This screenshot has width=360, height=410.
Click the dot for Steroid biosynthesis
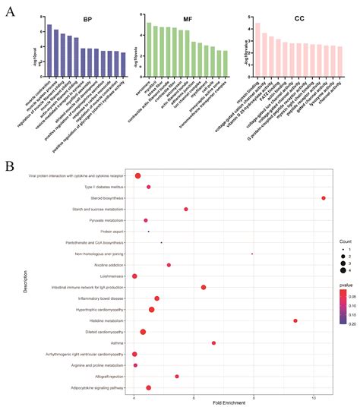tap(324, 198)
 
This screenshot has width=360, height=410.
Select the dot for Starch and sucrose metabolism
tap(185, 209)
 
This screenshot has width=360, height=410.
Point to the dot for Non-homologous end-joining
tap(251, 254)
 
